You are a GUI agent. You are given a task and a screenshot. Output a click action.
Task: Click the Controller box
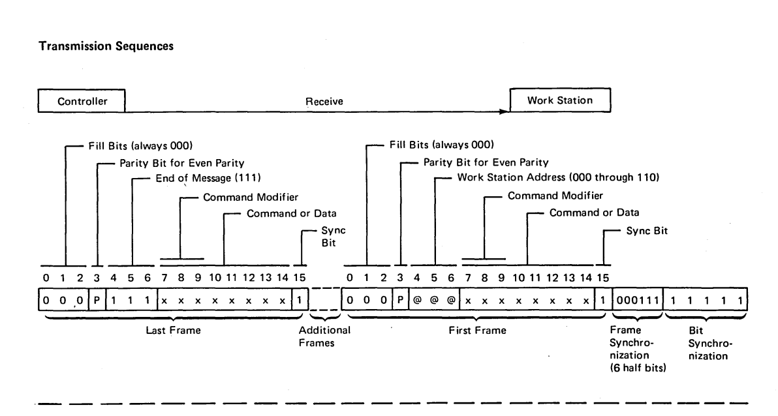82,102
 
